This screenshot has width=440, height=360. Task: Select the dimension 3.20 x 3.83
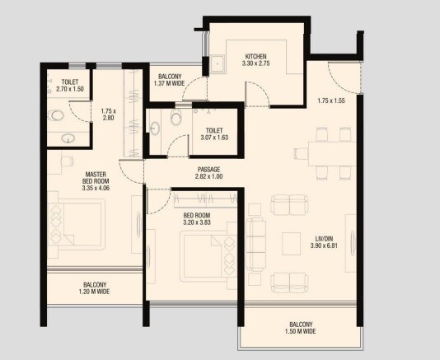coord(199,222)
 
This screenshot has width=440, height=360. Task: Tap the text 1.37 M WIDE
coord(171,83)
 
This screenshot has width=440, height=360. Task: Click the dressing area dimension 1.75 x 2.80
coord(106,115)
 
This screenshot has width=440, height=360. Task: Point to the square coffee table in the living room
coord(292,242)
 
